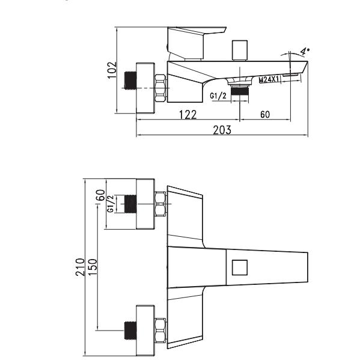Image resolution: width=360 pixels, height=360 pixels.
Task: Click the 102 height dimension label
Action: (x=112, y=70)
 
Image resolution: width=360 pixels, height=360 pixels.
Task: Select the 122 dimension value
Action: (x=188, y=115)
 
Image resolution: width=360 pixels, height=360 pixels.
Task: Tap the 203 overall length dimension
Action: (x=222, y=130)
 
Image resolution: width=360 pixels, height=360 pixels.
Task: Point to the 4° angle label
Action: (x=305, y=51)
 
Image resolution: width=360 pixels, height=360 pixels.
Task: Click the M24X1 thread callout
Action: (x=269, y=80)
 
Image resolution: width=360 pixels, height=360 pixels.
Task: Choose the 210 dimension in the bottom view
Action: (x=80, y=267)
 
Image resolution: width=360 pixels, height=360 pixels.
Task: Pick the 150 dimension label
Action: (x=93, y=267)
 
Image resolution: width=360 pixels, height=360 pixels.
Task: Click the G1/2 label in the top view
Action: (x=218, y=96)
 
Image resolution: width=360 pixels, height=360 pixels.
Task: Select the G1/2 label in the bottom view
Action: (x=111, y=204)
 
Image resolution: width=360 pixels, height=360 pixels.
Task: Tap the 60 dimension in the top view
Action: (x=265, y=114)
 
